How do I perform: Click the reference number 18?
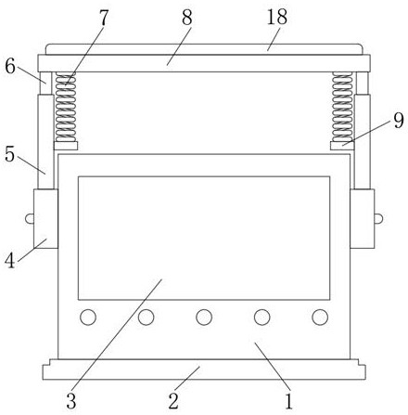tap(277, 17)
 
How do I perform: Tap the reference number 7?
tap(104, 18)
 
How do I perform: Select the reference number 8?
tap(187, 18)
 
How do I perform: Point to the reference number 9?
tap(399, 121)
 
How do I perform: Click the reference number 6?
tap(10, 66)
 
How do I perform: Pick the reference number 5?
tap(9, 154)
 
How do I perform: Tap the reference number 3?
tap(71, 401)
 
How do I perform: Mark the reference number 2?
tap(173, 401)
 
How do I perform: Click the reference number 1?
tap(288, 401)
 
